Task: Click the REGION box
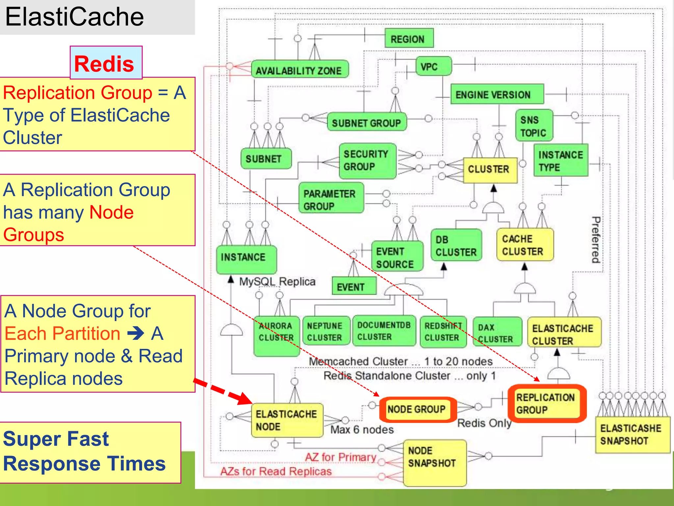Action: click(x=409, y=38)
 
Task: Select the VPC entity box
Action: click(x=433, y=66)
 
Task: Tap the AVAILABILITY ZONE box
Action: click(x=299, y=69)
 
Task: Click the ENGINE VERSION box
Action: click(x=497, y=94)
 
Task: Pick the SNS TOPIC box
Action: click(x=534, y=126)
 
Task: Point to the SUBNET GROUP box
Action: click(x=367, y=122)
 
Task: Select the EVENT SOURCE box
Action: click(x=397, y=257)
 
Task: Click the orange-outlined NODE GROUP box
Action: click(x=417, y=409)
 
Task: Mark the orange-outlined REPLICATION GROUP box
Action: click(x=546, y=404)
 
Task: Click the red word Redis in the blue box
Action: click(x=104, y=64)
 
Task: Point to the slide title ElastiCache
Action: click(x=75, y=17)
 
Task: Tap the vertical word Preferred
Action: click(x=596, y=239)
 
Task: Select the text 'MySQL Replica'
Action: click(x=277, y=282)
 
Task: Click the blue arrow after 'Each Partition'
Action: click(x=136, y=333)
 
